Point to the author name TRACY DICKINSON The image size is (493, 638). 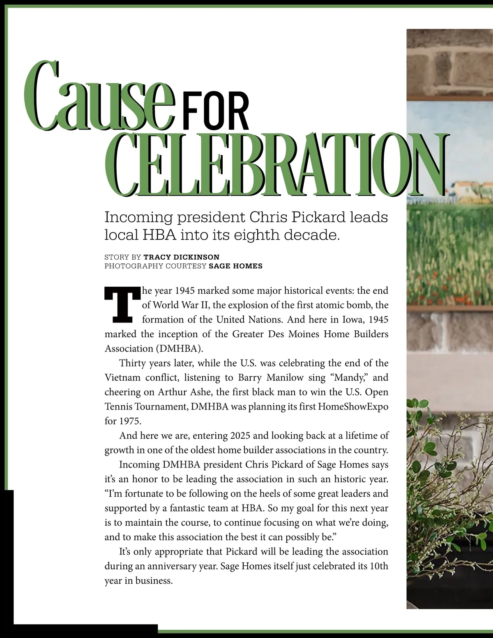coord(181,257)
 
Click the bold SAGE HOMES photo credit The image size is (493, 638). coord(235,266)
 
